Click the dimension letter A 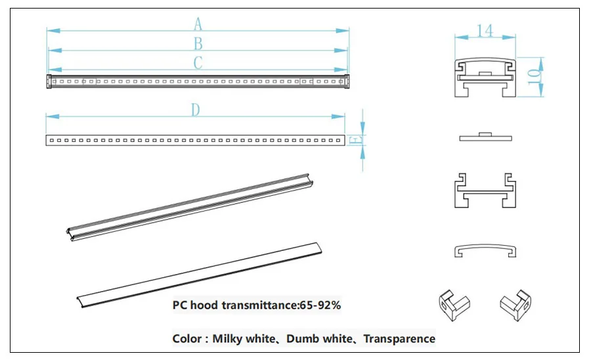pyautogui.click(x=198, y=24)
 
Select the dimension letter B pyautogui.click(x=198, y=44)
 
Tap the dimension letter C pyautogui.click(x=198, y=62)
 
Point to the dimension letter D pyautogui.click(x=195, y=110)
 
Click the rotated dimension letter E pyautogui.click(x=356, y=140)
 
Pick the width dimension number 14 pyautogui.click(x=485, y=30)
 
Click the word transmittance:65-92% pyautogui.click(x=281, y=305)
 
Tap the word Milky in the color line pyautogui.click(x=228, y=338)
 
